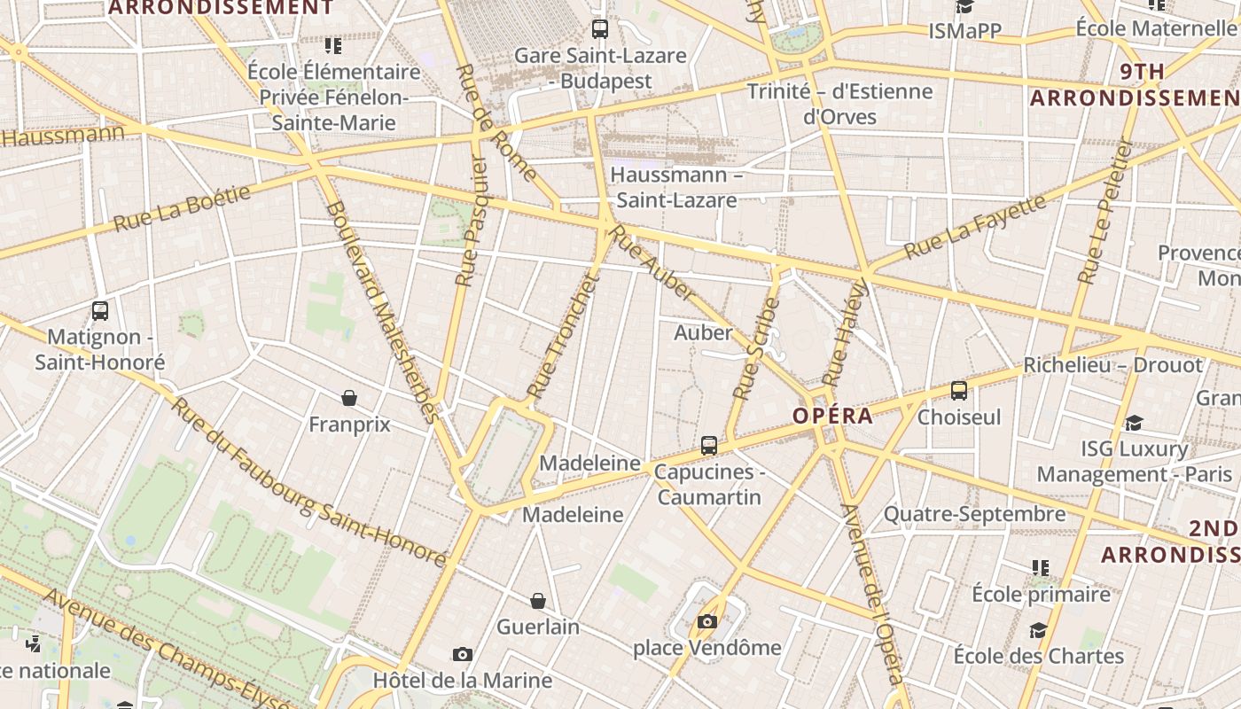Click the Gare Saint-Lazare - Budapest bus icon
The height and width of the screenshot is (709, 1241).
pos(600,29)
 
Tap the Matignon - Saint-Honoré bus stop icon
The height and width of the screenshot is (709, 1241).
pos(100,311)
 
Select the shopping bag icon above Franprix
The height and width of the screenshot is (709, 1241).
pos(349,398)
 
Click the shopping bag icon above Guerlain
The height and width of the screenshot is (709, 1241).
pos(537,601)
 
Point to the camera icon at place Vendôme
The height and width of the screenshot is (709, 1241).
pos(706,621)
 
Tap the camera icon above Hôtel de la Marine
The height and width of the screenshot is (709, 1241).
pos(462,655)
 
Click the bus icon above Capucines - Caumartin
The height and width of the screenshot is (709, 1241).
pos(709,446)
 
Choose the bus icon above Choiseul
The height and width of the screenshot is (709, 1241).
pos(958,391)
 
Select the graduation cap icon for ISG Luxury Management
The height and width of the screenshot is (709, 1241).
pos(1134,423)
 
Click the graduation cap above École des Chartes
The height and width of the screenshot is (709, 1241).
pos(1038,630)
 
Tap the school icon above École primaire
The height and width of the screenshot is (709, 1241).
pos(1041,567)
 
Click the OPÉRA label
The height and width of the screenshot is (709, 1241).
pos(832,416)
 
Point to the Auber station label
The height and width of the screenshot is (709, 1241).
pos(703,333)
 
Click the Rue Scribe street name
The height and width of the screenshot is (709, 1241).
pos(756,348)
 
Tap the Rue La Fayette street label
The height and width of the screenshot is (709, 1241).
pos(974,227)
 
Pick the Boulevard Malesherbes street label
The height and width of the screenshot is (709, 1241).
pos(382,312)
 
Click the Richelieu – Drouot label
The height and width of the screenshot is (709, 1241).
pos(1112,365)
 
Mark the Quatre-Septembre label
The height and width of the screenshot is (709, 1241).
pos(974,514)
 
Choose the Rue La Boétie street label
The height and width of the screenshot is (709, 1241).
pos(182,207)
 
